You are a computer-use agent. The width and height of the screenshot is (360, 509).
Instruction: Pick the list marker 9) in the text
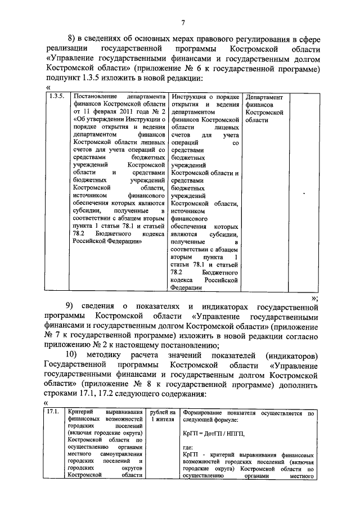71,307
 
